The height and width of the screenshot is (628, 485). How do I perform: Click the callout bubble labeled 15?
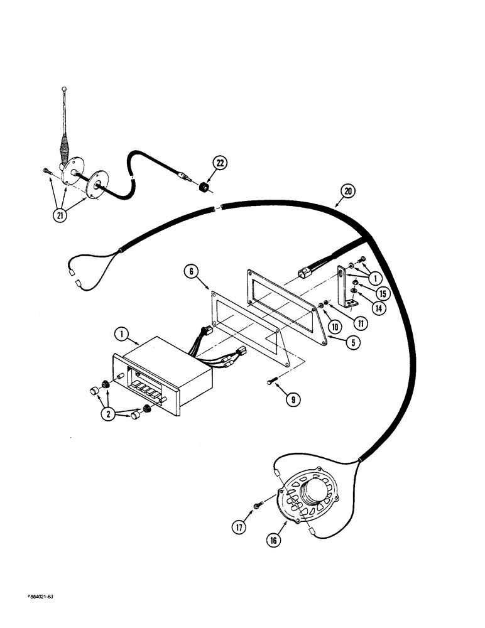point(382,293)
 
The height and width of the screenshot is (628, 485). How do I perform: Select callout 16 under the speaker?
point(273,539)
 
